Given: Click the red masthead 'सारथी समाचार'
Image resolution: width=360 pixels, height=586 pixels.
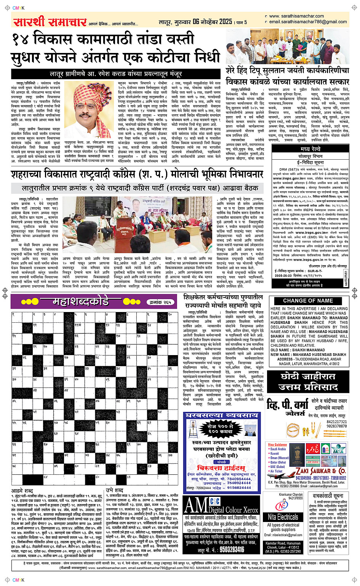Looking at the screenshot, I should point(50,22).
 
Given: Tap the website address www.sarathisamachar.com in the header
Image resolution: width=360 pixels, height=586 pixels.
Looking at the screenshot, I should point(296,16).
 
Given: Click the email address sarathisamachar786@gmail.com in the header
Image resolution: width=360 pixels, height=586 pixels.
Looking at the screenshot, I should point(308,22).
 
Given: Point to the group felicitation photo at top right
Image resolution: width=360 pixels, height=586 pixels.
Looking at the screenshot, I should point(287,46).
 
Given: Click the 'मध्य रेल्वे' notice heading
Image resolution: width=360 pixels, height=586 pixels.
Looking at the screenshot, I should point(310,149).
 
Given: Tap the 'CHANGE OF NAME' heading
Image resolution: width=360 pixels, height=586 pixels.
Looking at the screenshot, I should point(308,301).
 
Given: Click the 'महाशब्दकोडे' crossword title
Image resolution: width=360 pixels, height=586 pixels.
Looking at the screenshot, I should point(80,302).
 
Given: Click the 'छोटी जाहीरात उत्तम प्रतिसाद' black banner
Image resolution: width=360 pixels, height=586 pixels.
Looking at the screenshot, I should point(308,382).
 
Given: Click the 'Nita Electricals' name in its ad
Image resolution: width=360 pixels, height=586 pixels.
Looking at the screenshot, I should point(283,517).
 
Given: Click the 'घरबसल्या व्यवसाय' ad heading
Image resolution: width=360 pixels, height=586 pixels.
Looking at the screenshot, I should point(221,415).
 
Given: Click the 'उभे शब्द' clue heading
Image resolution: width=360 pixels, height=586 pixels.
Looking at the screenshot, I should point(114,490).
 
